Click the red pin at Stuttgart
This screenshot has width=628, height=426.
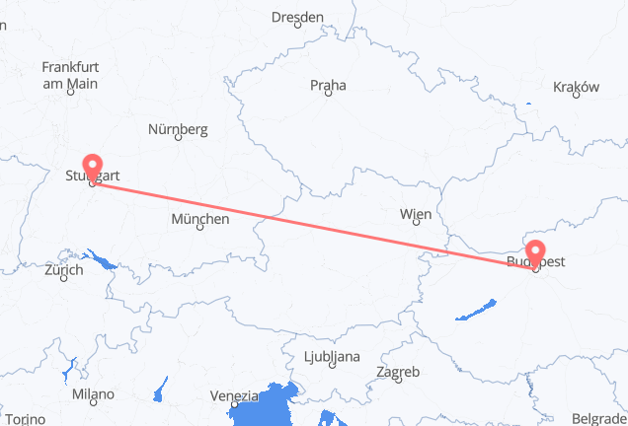tap(93, 166)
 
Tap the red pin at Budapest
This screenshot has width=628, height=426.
tap(536, 253)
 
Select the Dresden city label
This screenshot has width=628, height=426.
tap(298, 17)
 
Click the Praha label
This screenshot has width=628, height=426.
tap(328, 86)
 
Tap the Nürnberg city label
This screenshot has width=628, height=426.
tap(178, 128)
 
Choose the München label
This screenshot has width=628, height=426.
tap(200, 218)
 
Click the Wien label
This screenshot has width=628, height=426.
tap(415, 214)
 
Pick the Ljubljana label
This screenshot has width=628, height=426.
tap(332, 356)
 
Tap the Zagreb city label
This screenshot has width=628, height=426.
tap(398, 372)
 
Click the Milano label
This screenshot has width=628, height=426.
tap(92, 393)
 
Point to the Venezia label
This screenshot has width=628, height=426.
tap(234, 395)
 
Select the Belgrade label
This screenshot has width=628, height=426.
tap(599, 418)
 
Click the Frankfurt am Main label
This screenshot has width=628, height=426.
tap(70, 75)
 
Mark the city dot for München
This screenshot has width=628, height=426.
tap(200, 228)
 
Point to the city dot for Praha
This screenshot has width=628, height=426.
tap(328, 96)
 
